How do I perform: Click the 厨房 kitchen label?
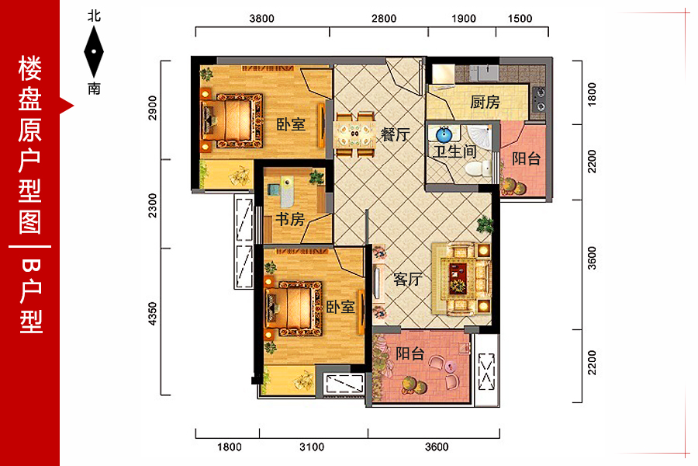pyautogui.click(x=485, y=102)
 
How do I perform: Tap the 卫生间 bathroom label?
pyautogui.click(x=455, y=151)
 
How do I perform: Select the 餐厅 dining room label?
pyautogui.click(x=396, y=134)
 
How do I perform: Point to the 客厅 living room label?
pyautogui.click(x=407, y=279)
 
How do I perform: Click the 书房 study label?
pyautogui.click(x=290, y=219)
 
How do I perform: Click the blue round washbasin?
pyautogui.click(x=444, y=134)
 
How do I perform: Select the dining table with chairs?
pyautogui.click(x=354, y=134)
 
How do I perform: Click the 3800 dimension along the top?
pyautogui.click(x=262, y=19)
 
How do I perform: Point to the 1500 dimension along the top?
pyautogui.click(x=520, y=19)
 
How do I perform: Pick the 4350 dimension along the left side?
pyautogui.click(x=152, y=314)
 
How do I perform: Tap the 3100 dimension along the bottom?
pyautogui.click(x=312, y=447)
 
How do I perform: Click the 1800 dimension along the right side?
pyautogui.click(x=592, y=94)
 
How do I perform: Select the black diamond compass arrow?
pyautogui.click(x=94, y=52)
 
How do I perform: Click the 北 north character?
pyautogui.click(x=94, y=16)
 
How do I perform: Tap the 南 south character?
pyautogui.click(x=94, y=89)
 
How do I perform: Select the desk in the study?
pyautogui.click(x=287, y=192)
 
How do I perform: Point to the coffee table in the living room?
pyautogui.click(x=458, y=278)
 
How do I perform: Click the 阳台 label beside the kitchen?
pyautogui.click(x=526, y=158)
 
